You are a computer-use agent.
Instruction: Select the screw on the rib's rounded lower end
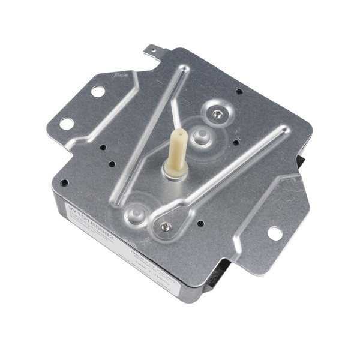166,226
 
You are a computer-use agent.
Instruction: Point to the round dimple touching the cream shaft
202,136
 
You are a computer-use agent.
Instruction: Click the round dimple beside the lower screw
136,214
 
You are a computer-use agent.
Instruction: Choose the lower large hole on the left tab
67,124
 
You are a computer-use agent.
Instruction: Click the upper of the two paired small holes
103,147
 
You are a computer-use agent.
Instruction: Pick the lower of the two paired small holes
112,163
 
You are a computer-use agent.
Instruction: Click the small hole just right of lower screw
200,223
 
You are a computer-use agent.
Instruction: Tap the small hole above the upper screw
239,92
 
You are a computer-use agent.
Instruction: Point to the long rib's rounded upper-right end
280,130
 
